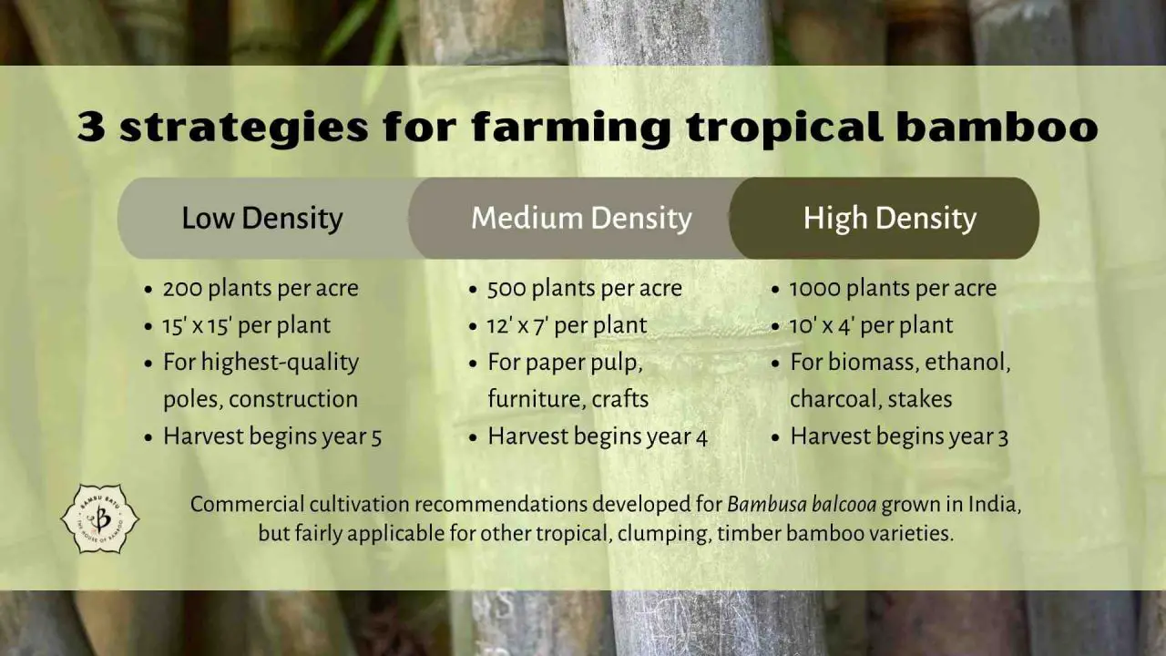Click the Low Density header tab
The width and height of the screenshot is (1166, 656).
262,219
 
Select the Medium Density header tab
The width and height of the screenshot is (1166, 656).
581,219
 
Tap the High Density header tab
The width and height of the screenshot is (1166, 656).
889,219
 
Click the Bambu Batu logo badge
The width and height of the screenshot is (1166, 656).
99,519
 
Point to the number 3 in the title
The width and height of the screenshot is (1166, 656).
90,128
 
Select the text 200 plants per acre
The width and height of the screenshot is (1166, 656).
261,289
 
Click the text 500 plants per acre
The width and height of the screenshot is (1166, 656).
584,289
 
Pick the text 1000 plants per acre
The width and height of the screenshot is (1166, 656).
893,289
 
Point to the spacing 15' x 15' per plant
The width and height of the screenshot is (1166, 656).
246,325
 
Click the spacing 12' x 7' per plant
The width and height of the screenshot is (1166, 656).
567,325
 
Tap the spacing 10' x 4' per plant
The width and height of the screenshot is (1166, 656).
871,325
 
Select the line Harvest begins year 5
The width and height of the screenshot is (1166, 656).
271,436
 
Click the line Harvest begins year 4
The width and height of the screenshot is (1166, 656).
597,436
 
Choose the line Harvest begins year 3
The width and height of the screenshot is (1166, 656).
899,436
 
